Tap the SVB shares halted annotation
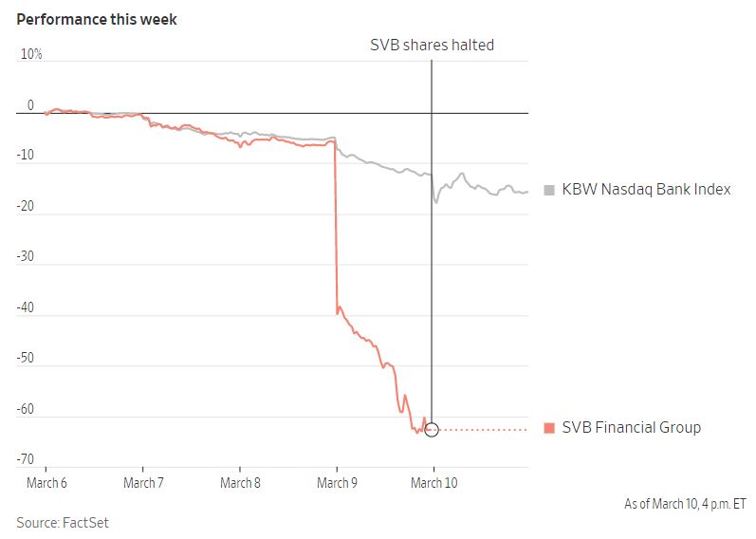point(432,45)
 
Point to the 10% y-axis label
point(31,55)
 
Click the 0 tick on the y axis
point(30,105)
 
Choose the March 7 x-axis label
point(142,483)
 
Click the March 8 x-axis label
point(240,483)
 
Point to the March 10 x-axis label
point(433,483)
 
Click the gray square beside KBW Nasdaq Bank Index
point(548,190)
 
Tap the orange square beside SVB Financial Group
point(548,428)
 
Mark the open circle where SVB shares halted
point(433,429)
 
